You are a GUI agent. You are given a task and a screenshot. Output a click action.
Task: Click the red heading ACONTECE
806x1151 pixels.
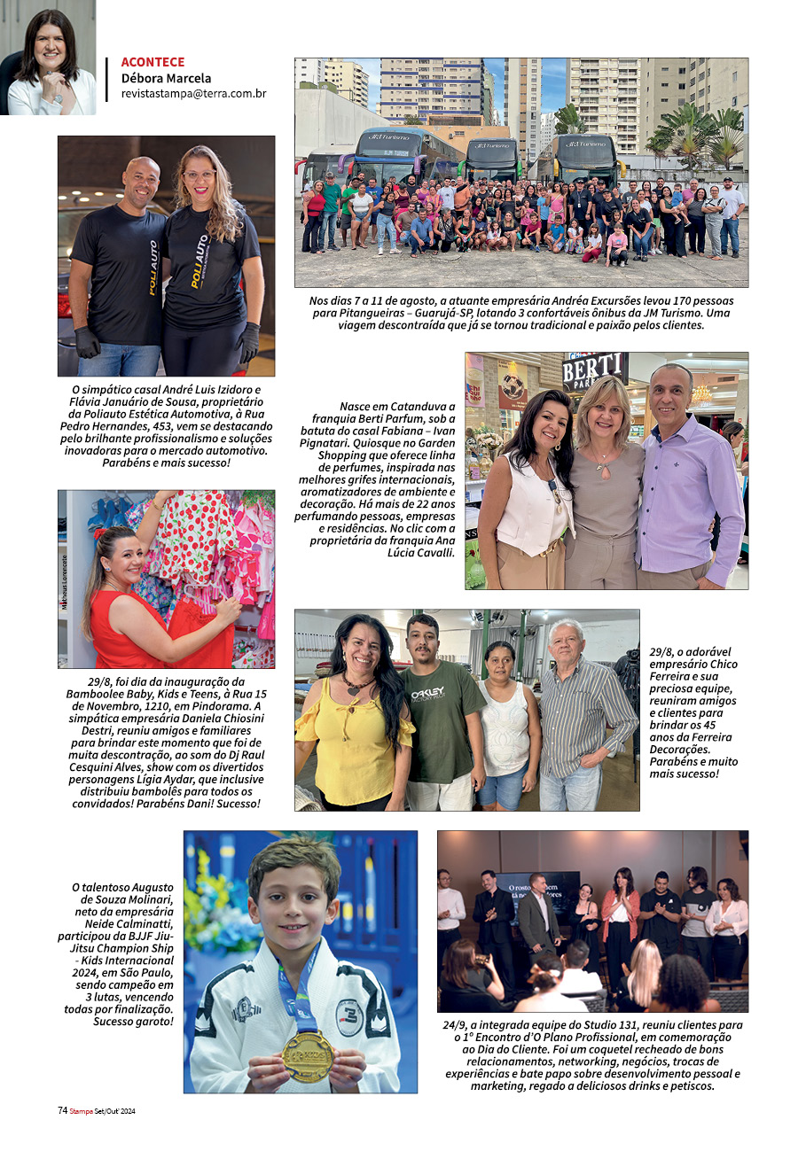[153, 62]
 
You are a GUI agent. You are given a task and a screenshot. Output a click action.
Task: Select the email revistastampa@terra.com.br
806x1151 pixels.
[193, 93]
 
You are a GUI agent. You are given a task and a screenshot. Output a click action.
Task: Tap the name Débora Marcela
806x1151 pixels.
[166, 78]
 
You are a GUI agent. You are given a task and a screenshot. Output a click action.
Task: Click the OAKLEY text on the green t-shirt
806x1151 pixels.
[441, 695]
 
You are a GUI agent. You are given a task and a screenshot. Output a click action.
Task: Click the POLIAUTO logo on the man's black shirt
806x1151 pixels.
[153, 267]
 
